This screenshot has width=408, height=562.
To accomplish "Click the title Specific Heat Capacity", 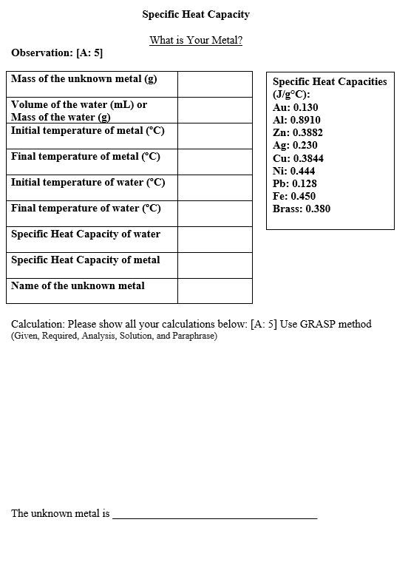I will pos(196,14).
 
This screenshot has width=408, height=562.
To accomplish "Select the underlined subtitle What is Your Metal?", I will pos(196,40).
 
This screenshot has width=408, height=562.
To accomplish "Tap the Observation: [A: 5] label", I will pos(57,53).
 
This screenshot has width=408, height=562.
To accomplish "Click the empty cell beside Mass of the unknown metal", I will pos(214,84).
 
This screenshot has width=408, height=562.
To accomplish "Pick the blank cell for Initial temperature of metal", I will pos(214,135).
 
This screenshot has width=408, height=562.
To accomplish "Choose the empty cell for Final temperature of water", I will pos(214,213).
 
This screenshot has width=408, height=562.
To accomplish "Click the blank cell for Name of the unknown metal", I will pos(214,291).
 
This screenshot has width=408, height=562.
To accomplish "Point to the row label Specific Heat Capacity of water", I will pos(86,234).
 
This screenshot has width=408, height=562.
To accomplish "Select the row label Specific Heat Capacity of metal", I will pos(86,260).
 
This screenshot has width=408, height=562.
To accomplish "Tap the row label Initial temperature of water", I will pos(88,183).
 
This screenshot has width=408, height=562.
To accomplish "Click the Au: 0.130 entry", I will pos(296,107).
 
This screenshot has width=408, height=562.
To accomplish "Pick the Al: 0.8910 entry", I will pos(296,120).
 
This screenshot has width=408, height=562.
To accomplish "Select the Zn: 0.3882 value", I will pos(298,132).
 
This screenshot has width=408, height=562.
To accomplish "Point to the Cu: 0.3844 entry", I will pos(298,158).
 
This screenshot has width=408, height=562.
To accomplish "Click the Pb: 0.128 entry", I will pos(295,183).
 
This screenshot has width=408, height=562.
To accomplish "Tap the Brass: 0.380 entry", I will pos(302,209).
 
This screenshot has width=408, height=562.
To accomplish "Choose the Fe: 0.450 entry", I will pos(294,196).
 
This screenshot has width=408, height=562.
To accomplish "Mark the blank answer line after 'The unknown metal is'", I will pos(214,516).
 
